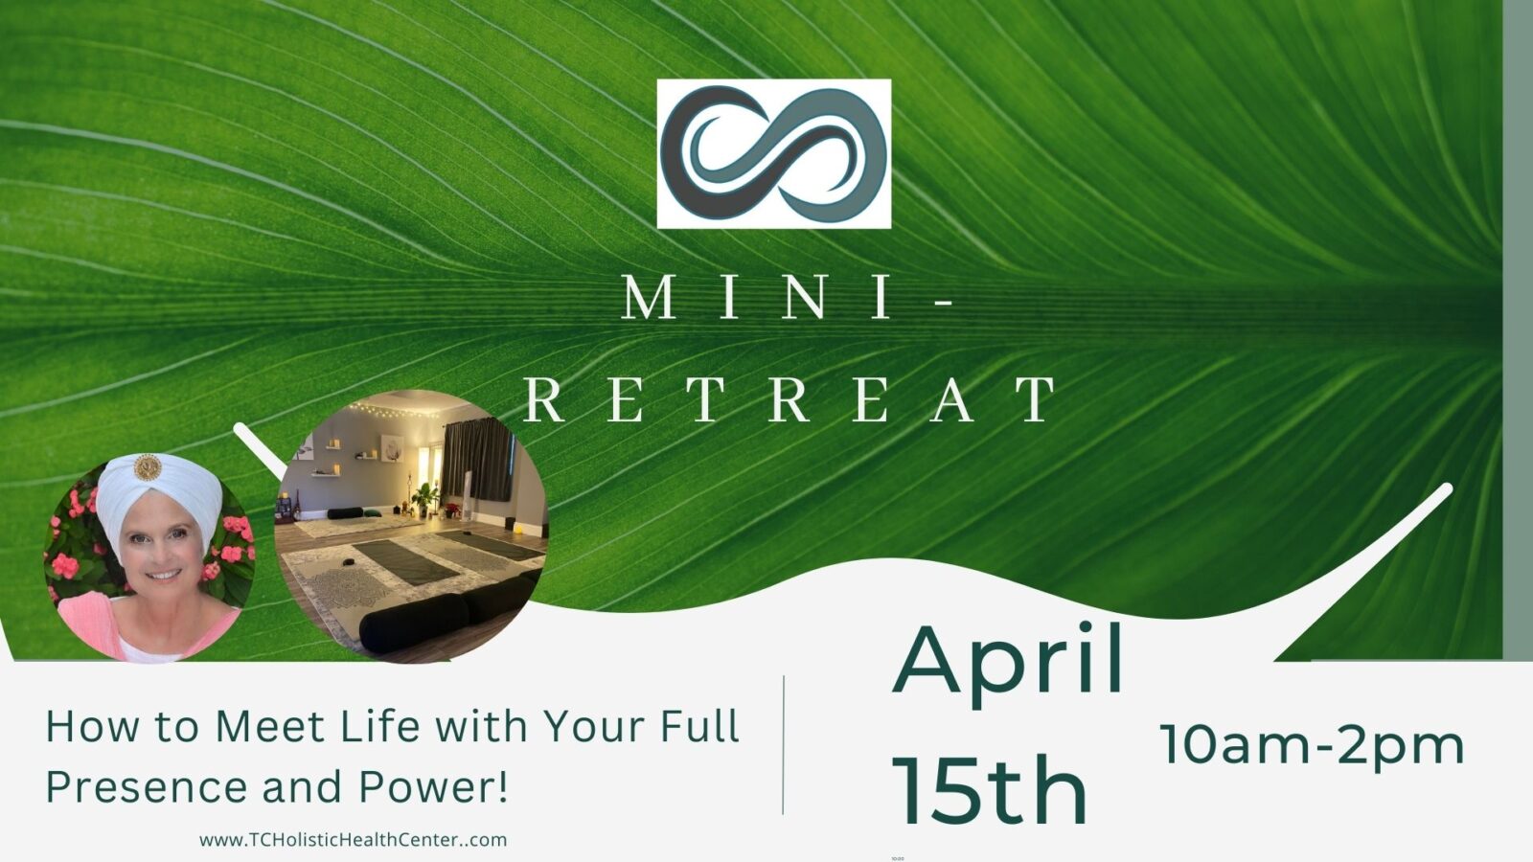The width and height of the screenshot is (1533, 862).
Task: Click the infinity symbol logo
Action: tap(774, 153)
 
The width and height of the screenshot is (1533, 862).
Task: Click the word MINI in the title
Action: tap(757, 297)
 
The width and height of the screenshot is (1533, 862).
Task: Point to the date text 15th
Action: tap(990, 789)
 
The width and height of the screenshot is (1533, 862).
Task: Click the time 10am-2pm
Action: tap(1312, 746)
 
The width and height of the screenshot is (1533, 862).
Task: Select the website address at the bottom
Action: tap(354, 840)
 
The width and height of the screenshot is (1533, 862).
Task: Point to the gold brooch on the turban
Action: tap(148, 467)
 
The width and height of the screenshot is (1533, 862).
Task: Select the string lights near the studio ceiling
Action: tap(394, 411)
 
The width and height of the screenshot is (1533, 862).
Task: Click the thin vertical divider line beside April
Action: tap(783, 745)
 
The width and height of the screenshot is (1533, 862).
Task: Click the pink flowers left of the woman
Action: tap(72, 540)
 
